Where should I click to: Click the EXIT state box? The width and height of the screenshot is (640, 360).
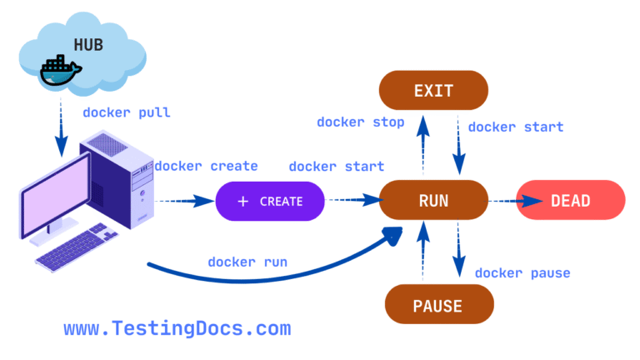coord(433,91)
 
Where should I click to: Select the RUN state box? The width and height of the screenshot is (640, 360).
coord(433,200)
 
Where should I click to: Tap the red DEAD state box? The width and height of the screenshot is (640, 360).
coord(571,200)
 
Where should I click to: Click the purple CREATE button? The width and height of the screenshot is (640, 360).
coord(271,201)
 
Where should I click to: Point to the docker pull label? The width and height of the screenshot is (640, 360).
coord(127,112)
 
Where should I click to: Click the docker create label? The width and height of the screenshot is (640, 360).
coord(207,166)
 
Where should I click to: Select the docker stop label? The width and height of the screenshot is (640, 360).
coord(360,122)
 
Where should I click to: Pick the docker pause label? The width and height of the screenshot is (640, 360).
coord(522,273)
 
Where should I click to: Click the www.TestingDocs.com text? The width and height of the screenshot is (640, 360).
coord(177,328)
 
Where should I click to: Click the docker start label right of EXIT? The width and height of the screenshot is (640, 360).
coord(515,127)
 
